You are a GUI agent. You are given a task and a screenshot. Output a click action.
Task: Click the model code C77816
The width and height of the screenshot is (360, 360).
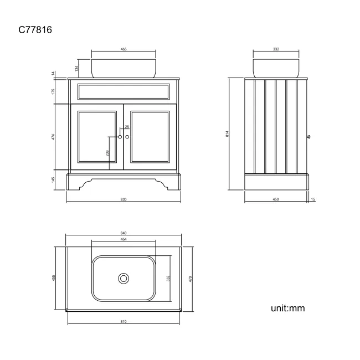pyautogui.click(x=35, y=30)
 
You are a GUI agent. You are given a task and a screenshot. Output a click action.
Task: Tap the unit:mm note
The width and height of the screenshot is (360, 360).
pyautogui.click(x=287, y=308)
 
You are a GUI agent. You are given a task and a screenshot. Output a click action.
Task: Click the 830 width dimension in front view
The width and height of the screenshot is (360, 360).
pyautogui.click(x=124, y=199)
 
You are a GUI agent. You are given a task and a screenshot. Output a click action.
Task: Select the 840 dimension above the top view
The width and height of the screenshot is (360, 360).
pyautogui.click(x=124, y=233)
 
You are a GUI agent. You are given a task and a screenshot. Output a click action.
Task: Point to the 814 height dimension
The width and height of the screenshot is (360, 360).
pyautogui.click(x=227, y=134)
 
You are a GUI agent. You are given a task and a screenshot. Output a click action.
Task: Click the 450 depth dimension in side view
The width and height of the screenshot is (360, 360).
pyautogui.click(x=276, y=199)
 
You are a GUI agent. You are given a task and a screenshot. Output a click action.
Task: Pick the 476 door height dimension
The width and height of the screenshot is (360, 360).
pyautogui.click(x=53, y=137)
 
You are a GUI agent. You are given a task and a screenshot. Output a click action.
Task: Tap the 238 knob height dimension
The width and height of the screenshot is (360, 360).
pyautogui.click(x=107, y=153)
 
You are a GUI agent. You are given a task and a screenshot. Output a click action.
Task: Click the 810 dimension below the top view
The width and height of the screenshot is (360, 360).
pyautogui.click(x=124, y=321)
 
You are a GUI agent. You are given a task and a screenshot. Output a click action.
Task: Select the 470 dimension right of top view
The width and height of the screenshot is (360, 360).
pyautogui.click(x=190, y=279)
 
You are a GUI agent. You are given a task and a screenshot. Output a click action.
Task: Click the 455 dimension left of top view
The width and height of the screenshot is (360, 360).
pyautogui.click(x=54, y=278)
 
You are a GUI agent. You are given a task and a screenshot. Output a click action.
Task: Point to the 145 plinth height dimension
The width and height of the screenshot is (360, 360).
pyautogui.click(x=53, y=180)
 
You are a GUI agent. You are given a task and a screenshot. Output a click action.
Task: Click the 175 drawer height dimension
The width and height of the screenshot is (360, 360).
pyautogui.click(x=53, y=91)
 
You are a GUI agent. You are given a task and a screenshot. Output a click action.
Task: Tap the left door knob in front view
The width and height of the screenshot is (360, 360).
pyautogui.click(x=120, y=137)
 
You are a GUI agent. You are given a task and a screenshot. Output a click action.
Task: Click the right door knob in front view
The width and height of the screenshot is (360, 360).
pyautogui.click(x=127, y=137)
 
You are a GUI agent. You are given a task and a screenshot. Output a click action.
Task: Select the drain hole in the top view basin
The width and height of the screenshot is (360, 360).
pyautogui.click(x=124, y=279)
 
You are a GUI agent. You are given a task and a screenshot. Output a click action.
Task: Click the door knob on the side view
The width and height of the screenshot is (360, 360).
pyautogui.click(x=308, y=137)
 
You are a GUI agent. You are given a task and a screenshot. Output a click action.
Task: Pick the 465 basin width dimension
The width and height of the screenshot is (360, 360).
pyautogui.click(x=124, y=49)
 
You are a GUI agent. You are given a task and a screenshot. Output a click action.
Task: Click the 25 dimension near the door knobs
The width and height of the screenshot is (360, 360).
pyautogui.click(x=127, y=127)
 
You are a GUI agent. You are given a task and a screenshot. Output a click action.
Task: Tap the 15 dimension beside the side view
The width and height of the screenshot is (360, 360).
pyautogui.click(x=313, y=199)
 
